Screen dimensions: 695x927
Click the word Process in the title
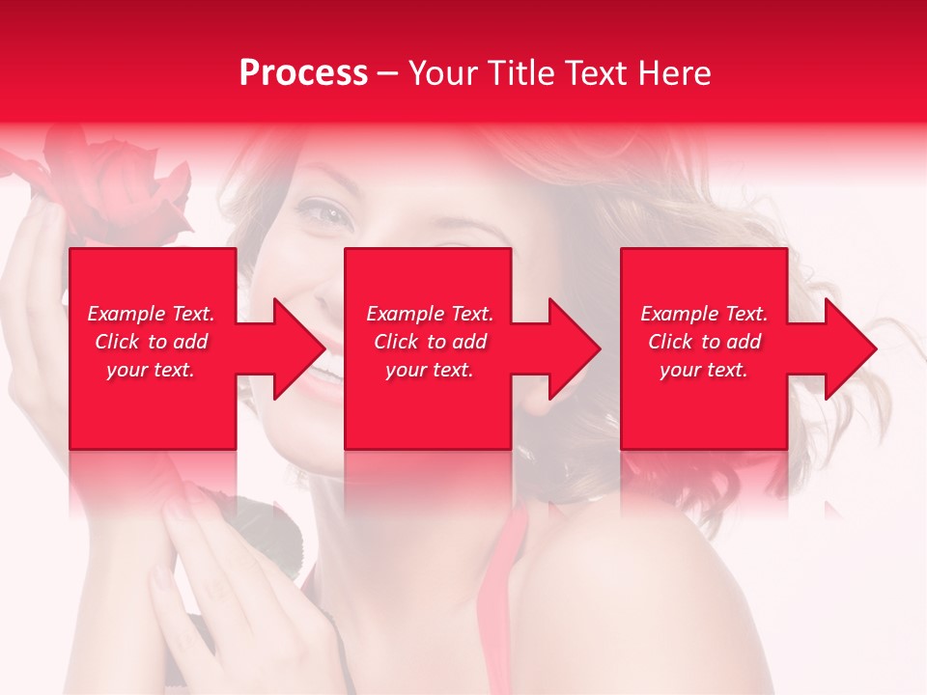tap(303, 73)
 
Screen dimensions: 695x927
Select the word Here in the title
tap(675, 73)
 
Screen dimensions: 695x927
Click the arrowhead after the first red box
tap(290, 348)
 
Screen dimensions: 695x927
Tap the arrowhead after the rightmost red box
tap(842, 348)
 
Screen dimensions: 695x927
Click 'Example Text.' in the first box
tap(151, 314)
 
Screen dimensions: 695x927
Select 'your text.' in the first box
tap(151, 370)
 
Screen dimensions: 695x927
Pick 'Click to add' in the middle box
tap(430, 342)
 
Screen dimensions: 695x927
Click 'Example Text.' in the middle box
tap(430, 314)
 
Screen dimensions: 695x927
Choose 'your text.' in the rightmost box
tap(704, 370)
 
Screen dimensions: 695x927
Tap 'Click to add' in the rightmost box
tap(704, 342)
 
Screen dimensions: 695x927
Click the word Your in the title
tap(442, 73)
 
